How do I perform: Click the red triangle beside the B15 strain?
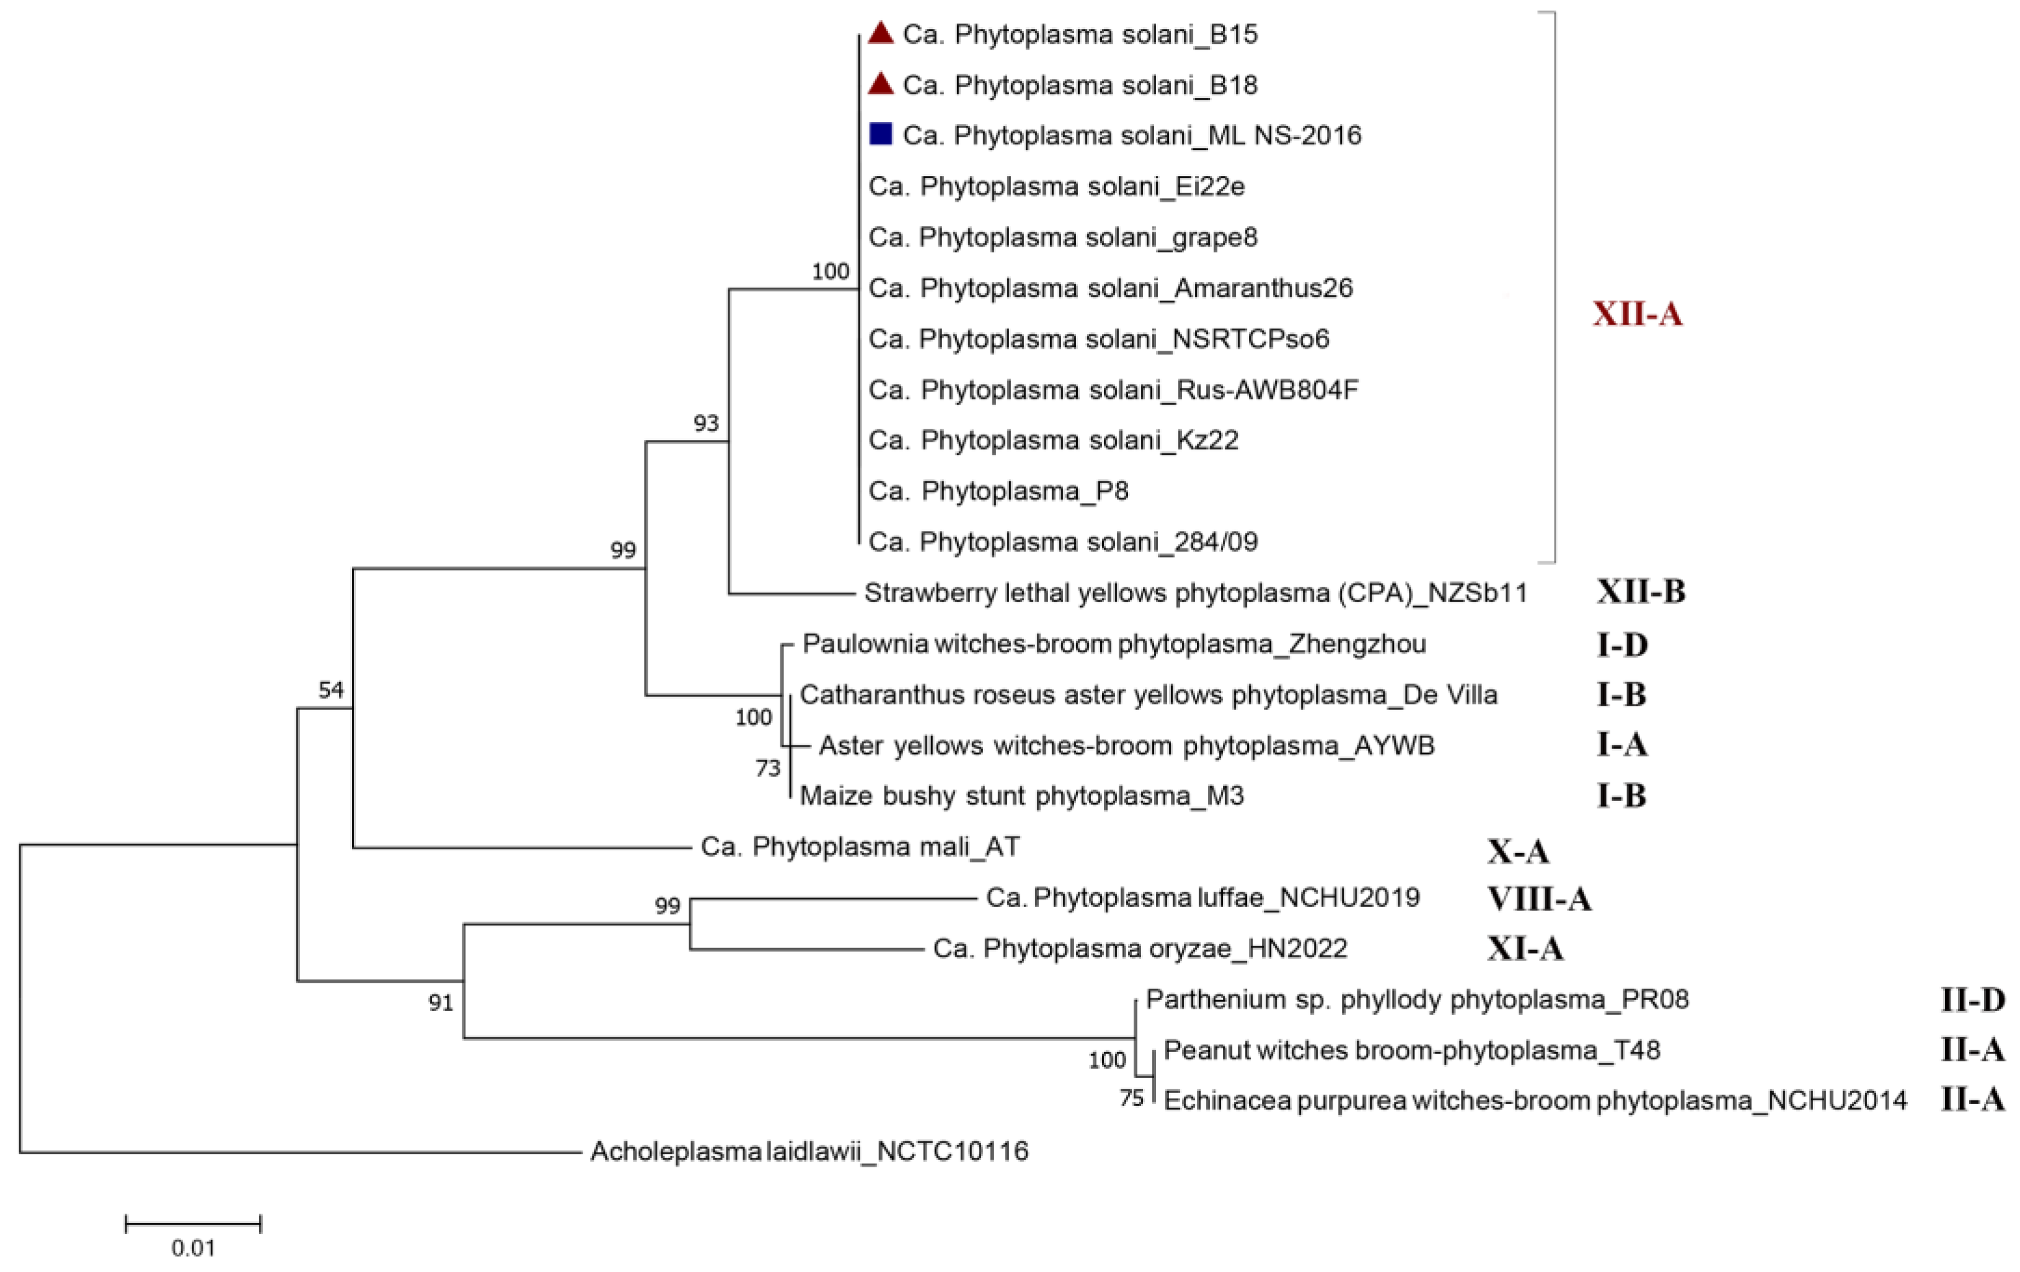click(880, 33)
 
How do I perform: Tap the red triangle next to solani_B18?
click(880, 84)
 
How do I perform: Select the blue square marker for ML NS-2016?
click(880, 134)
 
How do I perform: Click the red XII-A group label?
click(1638, 314)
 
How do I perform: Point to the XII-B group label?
click(1640, 592)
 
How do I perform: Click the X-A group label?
click(1519, 852)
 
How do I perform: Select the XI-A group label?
click(1525, 949)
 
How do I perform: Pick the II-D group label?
click(1972, 999)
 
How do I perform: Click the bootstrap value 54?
click(330, 690)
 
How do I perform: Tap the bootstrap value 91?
click(441, 1003)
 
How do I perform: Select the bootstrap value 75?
click(1132, 1099)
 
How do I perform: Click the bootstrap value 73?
click(767, 768)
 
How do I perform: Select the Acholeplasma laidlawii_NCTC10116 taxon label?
click(809, 1151)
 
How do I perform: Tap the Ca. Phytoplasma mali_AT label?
click(860, 847)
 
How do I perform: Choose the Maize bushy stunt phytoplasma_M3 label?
click(1021, 795)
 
